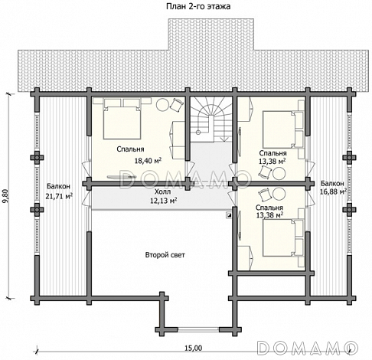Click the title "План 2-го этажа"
(198, 6)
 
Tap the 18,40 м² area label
(148, 161)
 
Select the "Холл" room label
(162, 191)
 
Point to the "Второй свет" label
(165, 255)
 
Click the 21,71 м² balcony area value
(59, 196)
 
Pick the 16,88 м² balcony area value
(333, 191)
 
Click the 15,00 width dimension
(193, 348)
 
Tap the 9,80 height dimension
(6, 197)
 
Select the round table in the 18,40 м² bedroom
(162, 104)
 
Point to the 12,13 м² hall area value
(164, 201)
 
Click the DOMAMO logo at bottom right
(308, 348)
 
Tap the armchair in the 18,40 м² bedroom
(176, 104)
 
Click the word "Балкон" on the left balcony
(58, 186)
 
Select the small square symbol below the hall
(229, 215)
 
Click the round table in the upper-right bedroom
(279, 173)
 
